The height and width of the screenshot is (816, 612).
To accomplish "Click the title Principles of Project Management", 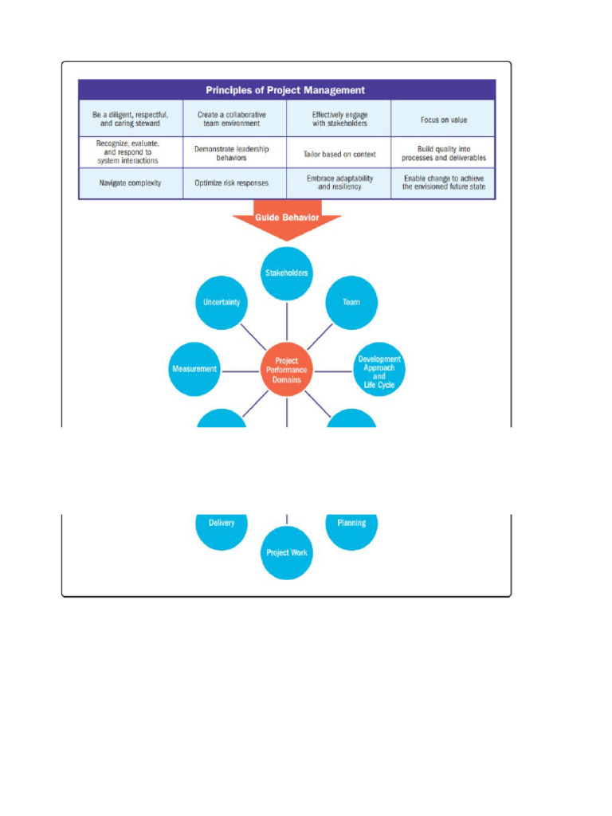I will coord(286,90).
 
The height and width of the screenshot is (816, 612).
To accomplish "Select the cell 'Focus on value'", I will coord(443,120).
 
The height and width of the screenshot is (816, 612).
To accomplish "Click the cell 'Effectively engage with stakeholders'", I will coord(339,120).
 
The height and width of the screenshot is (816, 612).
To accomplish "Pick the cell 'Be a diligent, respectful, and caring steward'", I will coord(130,120).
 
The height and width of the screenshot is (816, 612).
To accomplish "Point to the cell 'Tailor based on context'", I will coord(339,154).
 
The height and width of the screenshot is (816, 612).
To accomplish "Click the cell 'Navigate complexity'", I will coord(130,183).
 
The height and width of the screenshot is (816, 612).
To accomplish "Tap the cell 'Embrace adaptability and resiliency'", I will coord(339,183).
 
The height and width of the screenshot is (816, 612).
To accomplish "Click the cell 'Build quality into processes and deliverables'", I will coord(443,153).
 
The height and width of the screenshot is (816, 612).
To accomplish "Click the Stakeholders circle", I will coord(287,273).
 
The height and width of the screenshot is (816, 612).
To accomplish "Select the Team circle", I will coord(351,303).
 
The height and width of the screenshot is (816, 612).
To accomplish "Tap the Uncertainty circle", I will coord(222,303).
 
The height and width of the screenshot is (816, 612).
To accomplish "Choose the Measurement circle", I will coord(194,370).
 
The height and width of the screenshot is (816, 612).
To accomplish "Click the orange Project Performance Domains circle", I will coord(287,371).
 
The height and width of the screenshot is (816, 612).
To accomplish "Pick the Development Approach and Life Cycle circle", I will coord(379,371).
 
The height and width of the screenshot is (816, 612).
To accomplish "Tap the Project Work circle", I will coord(287,553).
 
